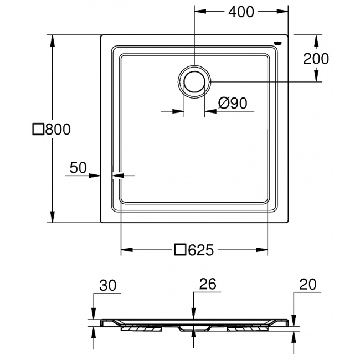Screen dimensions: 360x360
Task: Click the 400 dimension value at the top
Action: tap(241, 12)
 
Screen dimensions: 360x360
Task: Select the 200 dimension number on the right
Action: tap(316, 59)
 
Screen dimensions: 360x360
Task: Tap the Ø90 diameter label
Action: tap(233, 103)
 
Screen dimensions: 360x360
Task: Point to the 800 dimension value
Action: tap(58, 129)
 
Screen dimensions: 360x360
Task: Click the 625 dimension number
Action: tap(201, 250)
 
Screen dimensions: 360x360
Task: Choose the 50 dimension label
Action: tap(78, 167)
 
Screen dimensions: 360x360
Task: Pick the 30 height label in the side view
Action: tap(108, 286)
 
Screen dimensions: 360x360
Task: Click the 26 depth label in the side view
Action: tap(208, 284)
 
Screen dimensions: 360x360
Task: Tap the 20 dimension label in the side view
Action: tap(308, 284)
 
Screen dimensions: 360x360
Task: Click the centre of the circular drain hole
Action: tap(194, 81)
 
